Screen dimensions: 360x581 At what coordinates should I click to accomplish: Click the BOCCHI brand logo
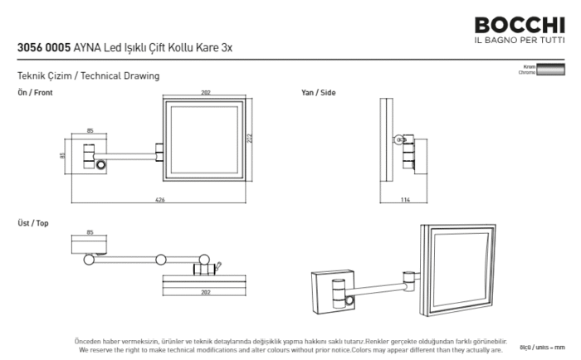tap(520, 25)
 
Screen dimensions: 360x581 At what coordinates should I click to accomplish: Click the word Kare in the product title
tap(206, 48)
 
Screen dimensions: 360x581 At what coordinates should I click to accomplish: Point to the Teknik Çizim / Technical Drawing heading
tap(88, 75)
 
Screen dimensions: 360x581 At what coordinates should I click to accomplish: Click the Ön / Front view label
tap(35, 93)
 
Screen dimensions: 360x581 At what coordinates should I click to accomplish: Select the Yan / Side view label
tap(319, 93)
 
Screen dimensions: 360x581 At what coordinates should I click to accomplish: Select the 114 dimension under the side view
tap(406, 199)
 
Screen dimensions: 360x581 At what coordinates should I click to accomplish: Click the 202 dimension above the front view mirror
tap(205, 93)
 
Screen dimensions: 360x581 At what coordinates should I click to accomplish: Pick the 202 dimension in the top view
tap(205, 292)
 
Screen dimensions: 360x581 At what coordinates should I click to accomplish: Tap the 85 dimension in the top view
tap(90, 232)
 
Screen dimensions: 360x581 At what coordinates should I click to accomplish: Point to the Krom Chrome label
tap(526, 71)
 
